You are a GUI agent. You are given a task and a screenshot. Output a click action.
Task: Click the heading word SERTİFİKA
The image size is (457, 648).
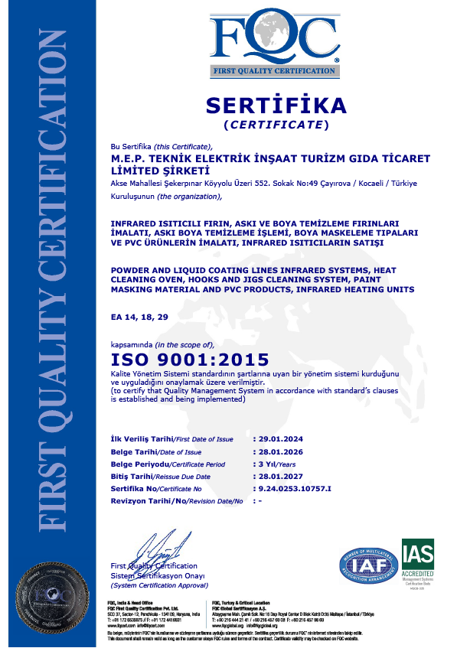(x=276, y=105)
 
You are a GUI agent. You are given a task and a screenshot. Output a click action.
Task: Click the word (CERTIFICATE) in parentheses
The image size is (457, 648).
(x=276, y=124)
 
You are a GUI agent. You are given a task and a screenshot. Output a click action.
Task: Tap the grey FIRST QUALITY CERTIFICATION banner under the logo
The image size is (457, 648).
(x=274, y=72)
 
